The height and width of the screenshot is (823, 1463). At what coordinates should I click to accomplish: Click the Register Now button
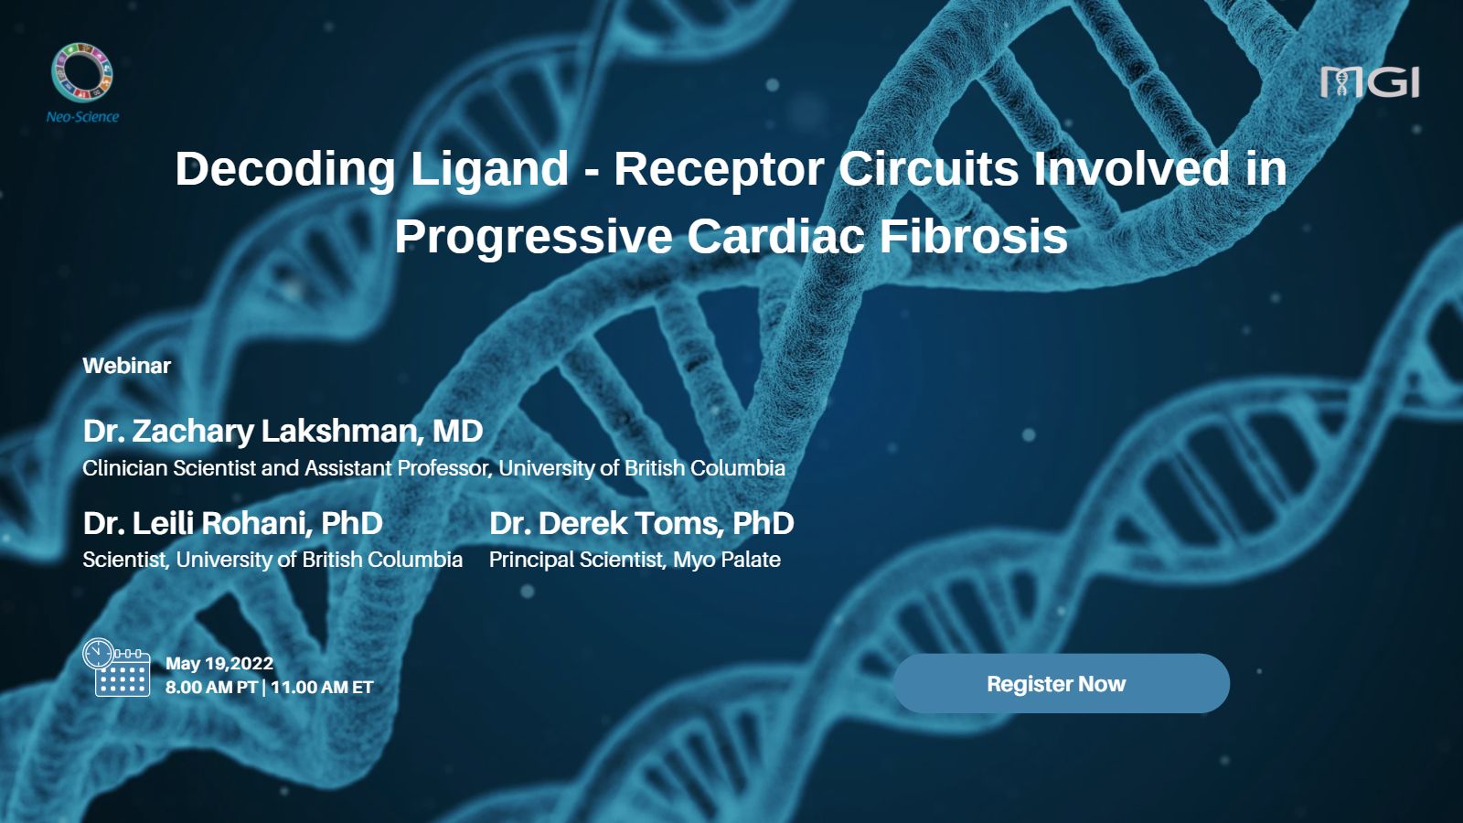tap(1062, 683)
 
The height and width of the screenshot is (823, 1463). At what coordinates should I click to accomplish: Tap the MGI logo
tap(1370, 82)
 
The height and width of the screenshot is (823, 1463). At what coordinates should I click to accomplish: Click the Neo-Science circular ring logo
tap(81, 72)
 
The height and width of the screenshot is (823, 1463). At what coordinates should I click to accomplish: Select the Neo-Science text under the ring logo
tap(82, 117)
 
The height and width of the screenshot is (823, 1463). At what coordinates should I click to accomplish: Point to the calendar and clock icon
tap(116, 667)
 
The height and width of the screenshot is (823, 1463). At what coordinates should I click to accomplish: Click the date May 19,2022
tap(219, 664)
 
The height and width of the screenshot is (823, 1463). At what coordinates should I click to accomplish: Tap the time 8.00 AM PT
tap(211, 687)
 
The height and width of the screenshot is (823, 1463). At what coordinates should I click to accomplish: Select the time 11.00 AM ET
tap(322, 687)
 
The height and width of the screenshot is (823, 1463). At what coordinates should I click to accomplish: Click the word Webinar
tap(127, 366)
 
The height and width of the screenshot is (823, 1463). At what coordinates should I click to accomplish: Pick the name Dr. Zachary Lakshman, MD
tap(283, 431)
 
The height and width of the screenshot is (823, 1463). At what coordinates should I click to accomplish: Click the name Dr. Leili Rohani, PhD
tap(232, 523)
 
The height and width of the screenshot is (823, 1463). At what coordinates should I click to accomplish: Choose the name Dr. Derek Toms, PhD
tap(641, 523)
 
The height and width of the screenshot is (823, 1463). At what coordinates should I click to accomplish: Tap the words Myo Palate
tap(727, 560)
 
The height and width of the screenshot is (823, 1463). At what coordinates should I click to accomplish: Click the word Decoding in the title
tap(284, 169)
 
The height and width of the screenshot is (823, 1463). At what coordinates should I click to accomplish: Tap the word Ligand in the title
tap(489, 169)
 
